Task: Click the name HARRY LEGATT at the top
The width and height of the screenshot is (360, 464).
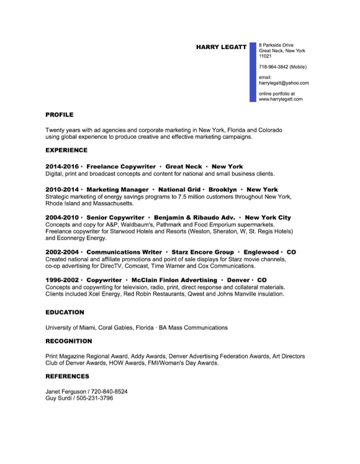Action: point(221,47)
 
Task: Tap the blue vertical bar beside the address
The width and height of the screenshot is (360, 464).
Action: point(252,72)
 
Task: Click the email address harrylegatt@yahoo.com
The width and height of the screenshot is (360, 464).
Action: point(284,83)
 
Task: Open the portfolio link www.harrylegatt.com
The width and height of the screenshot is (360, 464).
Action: point(281,99)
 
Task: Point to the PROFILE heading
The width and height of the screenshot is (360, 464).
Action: point(60,115)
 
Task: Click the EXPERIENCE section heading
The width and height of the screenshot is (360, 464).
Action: point(66,150)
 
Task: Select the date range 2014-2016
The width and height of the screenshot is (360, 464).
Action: point(62,167)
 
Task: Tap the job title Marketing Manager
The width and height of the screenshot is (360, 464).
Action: point(117,189)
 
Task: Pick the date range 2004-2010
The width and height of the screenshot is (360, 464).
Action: point(62,218)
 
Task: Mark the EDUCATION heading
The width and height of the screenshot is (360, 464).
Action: point(65,313)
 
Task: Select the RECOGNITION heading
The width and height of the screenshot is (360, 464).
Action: point(68,341)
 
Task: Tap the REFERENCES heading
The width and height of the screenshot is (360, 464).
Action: point(67,376)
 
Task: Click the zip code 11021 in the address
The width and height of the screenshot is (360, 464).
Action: point(265,56)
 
